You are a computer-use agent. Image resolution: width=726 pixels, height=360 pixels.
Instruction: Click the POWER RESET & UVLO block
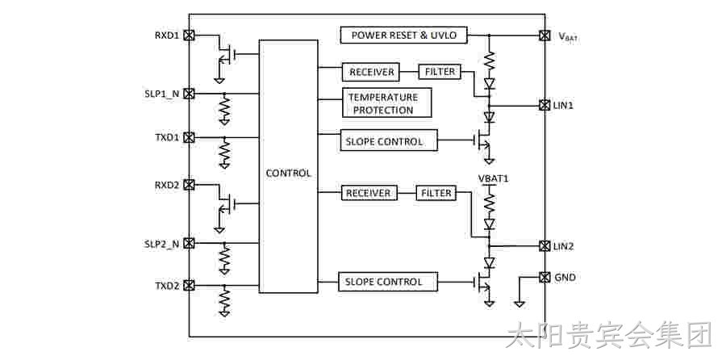[404, 36]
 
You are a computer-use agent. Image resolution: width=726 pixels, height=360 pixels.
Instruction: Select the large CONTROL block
[288, 166]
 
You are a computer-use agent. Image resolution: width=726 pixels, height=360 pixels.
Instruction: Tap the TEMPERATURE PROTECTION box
[386, 103]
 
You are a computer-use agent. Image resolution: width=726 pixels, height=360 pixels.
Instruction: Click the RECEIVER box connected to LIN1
[371, 72]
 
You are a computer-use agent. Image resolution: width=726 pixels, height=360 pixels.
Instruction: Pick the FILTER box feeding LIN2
[436, 193]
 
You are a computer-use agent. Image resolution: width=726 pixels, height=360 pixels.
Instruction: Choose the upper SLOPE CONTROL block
[389, 140]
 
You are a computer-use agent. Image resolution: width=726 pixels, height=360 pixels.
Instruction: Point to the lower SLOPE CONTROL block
[388, 282]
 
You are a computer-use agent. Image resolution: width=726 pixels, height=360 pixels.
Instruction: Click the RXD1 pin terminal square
[189, 35]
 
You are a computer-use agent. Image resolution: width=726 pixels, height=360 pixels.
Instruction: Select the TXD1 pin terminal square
[189, 137]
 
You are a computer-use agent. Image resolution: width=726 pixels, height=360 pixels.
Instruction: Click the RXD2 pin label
[167, 185]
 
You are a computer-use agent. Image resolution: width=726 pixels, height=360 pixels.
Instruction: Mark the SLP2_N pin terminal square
[189, 243]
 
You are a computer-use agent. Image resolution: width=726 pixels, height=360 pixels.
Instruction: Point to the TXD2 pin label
[167, 286]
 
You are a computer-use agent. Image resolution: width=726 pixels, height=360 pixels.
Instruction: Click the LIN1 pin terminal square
[544, 105]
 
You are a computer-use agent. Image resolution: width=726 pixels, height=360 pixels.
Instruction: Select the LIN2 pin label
[564, 246]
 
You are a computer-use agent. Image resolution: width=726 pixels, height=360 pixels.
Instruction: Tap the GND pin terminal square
[544, 277]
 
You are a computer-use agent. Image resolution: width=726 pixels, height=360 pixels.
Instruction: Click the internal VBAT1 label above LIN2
[493, 178]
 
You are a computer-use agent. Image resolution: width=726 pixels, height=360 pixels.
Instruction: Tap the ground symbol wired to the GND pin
[519, 303]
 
